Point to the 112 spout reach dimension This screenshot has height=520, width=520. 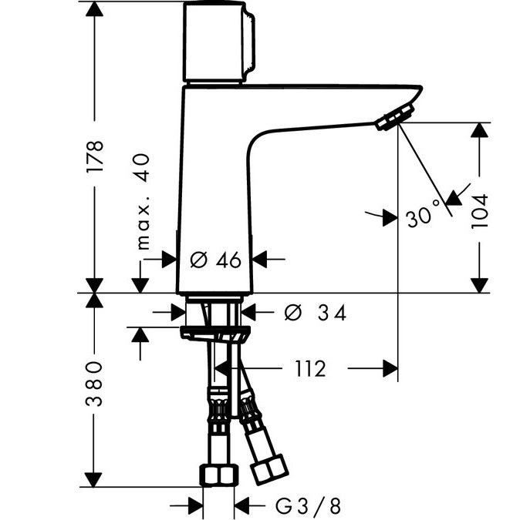pos(309,369)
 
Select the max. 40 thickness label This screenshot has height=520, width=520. pos(143,201)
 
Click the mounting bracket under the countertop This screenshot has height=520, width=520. pos(215,333)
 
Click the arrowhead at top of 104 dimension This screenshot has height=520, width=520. pos(480,132)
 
